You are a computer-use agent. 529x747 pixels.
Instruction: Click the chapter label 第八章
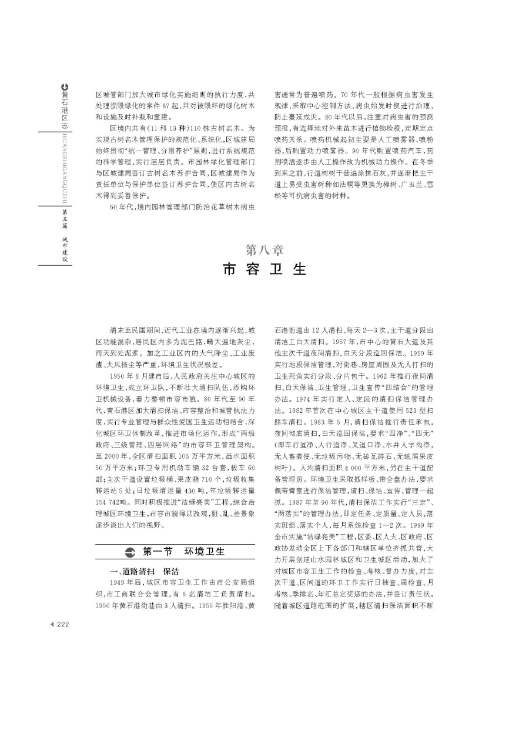pos(264,250)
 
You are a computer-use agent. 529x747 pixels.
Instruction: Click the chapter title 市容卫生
pos(264,269)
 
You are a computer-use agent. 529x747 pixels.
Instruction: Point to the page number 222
pos(63,625)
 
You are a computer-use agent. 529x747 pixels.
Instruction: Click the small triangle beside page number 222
pos(52,625)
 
